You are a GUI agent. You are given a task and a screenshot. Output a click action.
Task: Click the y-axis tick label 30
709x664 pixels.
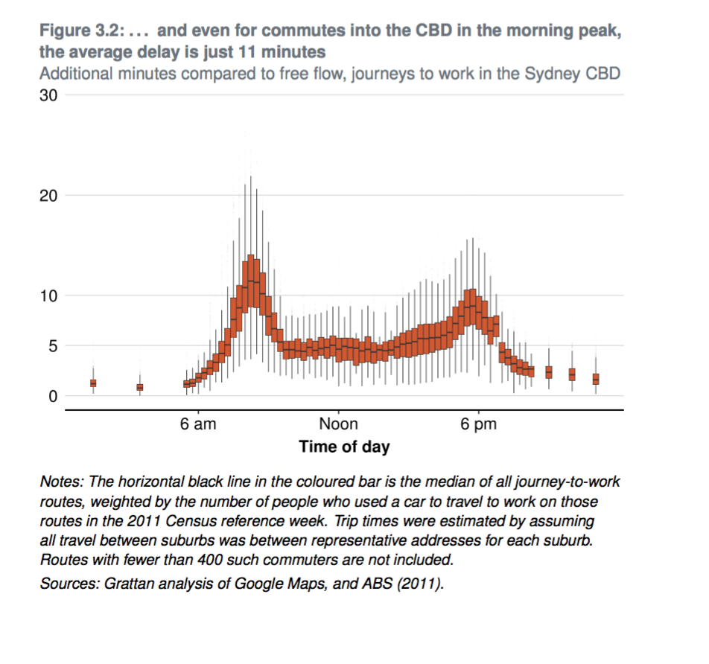[x=48, y=95]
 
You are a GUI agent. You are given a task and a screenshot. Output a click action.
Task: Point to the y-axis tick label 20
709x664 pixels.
[x=48, y=196]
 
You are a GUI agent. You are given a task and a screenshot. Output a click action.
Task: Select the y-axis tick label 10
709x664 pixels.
[x=48, y=296]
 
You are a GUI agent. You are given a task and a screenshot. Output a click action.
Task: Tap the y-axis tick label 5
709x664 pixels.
[x=53, y=346]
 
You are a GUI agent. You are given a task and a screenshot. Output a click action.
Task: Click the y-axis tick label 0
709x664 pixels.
[x=53, y=396]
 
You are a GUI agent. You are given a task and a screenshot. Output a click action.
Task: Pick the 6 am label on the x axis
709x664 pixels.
[x=198, y=425]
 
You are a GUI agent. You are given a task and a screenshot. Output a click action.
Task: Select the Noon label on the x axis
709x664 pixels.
[x=338, y=425]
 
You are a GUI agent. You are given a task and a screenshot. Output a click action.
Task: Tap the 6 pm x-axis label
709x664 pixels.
[x=478, y=425]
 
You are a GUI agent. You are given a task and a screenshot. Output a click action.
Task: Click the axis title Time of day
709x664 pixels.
[x=344, y=447]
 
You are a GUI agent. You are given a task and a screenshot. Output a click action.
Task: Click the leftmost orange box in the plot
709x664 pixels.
[x=93, y=383]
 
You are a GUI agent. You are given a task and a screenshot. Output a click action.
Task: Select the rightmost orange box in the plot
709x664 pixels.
[x=596, y=379]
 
